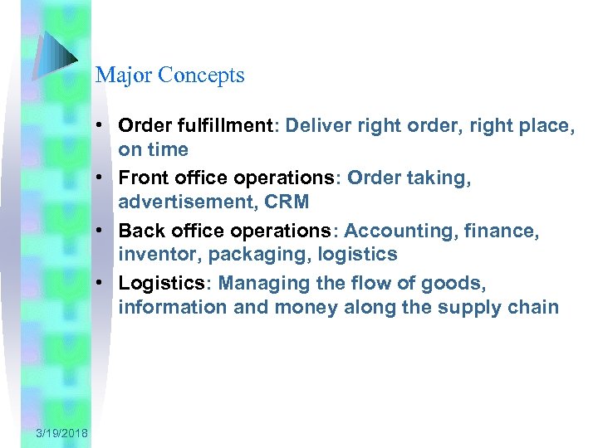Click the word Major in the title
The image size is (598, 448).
(x=118, y=75)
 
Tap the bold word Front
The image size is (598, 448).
(x=145, y=178)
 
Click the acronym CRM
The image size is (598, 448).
(x=287, y=202)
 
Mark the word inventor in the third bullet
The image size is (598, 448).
(x=153, y=255)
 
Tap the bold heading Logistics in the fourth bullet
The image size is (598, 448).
(x=161, y=283)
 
